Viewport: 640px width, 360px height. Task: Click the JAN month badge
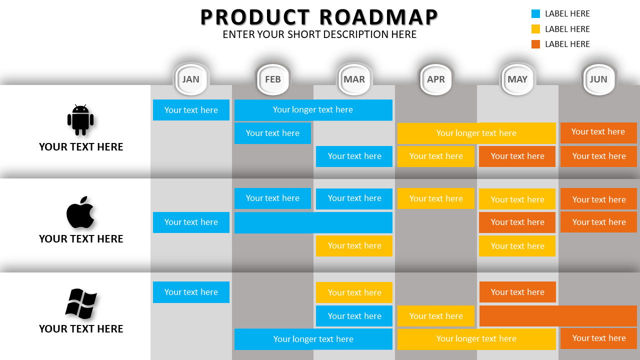[x=191, y=79]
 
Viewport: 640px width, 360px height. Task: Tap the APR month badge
[x=436, y=79]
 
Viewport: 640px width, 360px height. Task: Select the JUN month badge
[x=598, y=79]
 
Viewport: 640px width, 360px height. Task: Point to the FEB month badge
[x=272, y=79]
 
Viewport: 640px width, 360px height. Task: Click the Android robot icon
[x=80, y=120]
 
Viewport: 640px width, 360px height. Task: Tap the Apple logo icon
[x=80, y=212]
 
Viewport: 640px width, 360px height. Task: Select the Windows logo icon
[x=81, y=303]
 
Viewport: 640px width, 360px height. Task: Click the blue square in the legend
[x=535, y=14]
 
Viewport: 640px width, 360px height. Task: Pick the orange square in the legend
[x=535, y=44]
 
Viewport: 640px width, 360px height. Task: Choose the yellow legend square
[x=535, y=29]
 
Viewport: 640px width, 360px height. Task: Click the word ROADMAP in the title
[x=379, y=17]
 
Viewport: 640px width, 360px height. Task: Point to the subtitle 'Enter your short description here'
[x=319, y=34]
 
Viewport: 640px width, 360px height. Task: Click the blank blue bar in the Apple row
[x=313, y=222]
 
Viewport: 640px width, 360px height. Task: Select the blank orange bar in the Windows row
[x=558, y=316]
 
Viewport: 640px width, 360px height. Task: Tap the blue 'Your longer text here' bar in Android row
[x=313, y=110]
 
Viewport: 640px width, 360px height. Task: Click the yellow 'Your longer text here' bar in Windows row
[x=476, y=339]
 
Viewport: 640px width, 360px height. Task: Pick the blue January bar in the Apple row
[x=191, y=222]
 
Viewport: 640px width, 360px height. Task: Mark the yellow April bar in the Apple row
[x=436, y=198]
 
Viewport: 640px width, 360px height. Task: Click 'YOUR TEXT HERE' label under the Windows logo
[x=81, y=329]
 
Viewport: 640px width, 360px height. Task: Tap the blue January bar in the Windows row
[x=191, y=292]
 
